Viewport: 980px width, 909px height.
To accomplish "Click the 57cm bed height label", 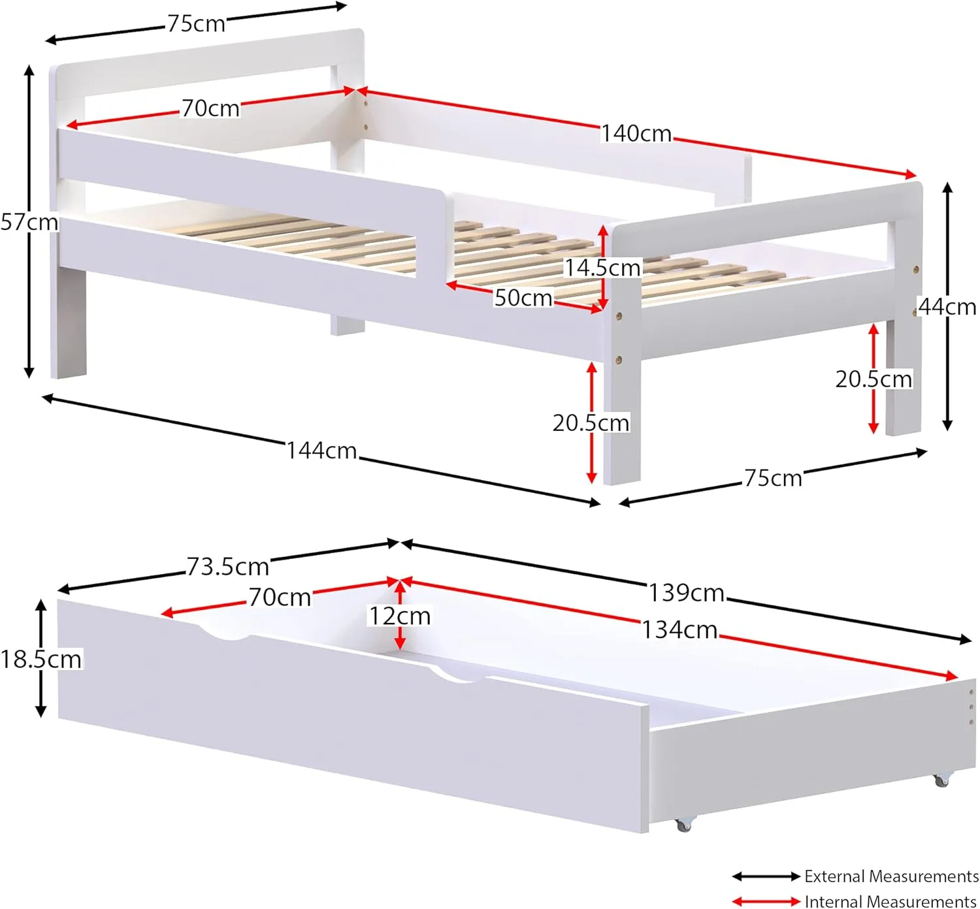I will coord(29,222).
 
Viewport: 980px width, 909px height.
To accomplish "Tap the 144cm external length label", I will coord(321,451).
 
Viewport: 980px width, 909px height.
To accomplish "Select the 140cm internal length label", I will coord(636,134).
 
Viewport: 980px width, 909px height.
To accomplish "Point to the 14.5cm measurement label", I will coord(602,268).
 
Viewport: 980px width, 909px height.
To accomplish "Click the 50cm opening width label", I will coord(523,298).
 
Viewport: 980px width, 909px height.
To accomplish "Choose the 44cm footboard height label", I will coord(947,306).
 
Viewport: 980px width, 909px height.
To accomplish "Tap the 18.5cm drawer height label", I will coord(41,659).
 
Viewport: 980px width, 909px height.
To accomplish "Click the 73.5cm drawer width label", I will coord(227,567).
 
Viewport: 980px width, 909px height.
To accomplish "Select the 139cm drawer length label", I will coord(686,593).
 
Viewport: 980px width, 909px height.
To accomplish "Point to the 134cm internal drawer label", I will coord(679,630).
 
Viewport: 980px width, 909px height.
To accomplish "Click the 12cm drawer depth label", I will coord(400,616).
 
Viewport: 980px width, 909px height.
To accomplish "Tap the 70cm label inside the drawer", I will coord(280,598).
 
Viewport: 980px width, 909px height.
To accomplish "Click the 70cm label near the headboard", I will coord(210,108).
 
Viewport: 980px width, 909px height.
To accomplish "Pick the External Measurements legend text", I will coord(891,876).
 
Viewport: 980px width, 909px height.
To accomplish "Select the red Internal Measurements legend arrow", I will coord(766,902).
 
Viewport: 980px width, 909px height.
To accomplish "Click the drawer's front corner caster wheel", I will coord(683,825).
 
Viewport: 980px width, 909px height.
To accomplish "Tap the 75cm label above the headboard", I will coord(196,24).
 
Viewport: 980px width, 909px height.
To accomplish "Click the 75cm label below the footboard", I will coord(773,479).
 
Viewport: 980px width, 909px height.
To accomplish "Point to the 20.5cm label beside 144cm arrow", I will coord(591,423).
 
